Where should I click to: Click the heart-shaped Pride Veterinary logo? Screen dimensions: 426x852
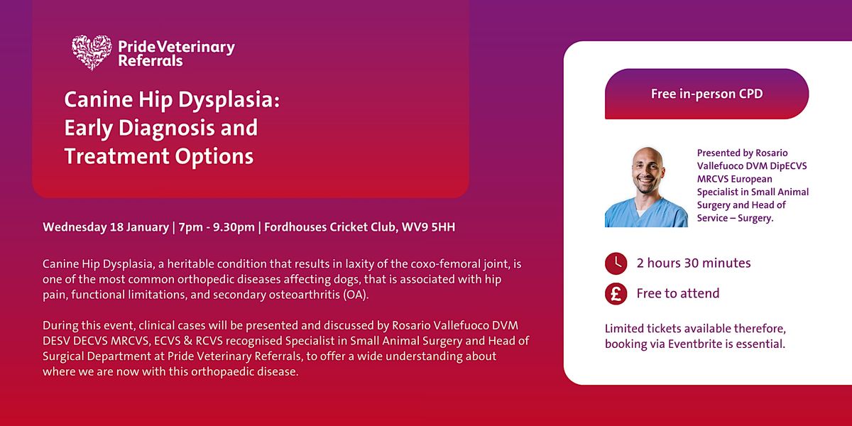point(92,53)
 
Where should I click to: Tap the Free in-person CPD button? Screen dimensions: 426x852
point(706,94)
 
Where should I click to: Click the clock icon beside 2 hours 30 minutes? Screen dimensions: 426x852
point(616,263)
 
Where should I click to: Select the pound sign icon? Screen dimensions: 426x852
point(616,294)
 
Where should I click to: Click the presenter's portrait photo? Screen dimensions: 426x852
point(646,187)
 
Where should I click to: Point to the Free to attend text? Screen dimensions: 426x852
point(678,293)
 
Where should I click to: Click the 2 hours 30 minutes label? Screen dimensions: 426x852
point(694,263)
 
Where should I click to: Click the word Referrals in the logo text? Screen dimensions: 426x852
point(151,61)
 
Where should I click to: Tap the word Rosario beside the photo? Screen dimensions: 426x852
point(770,153)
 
